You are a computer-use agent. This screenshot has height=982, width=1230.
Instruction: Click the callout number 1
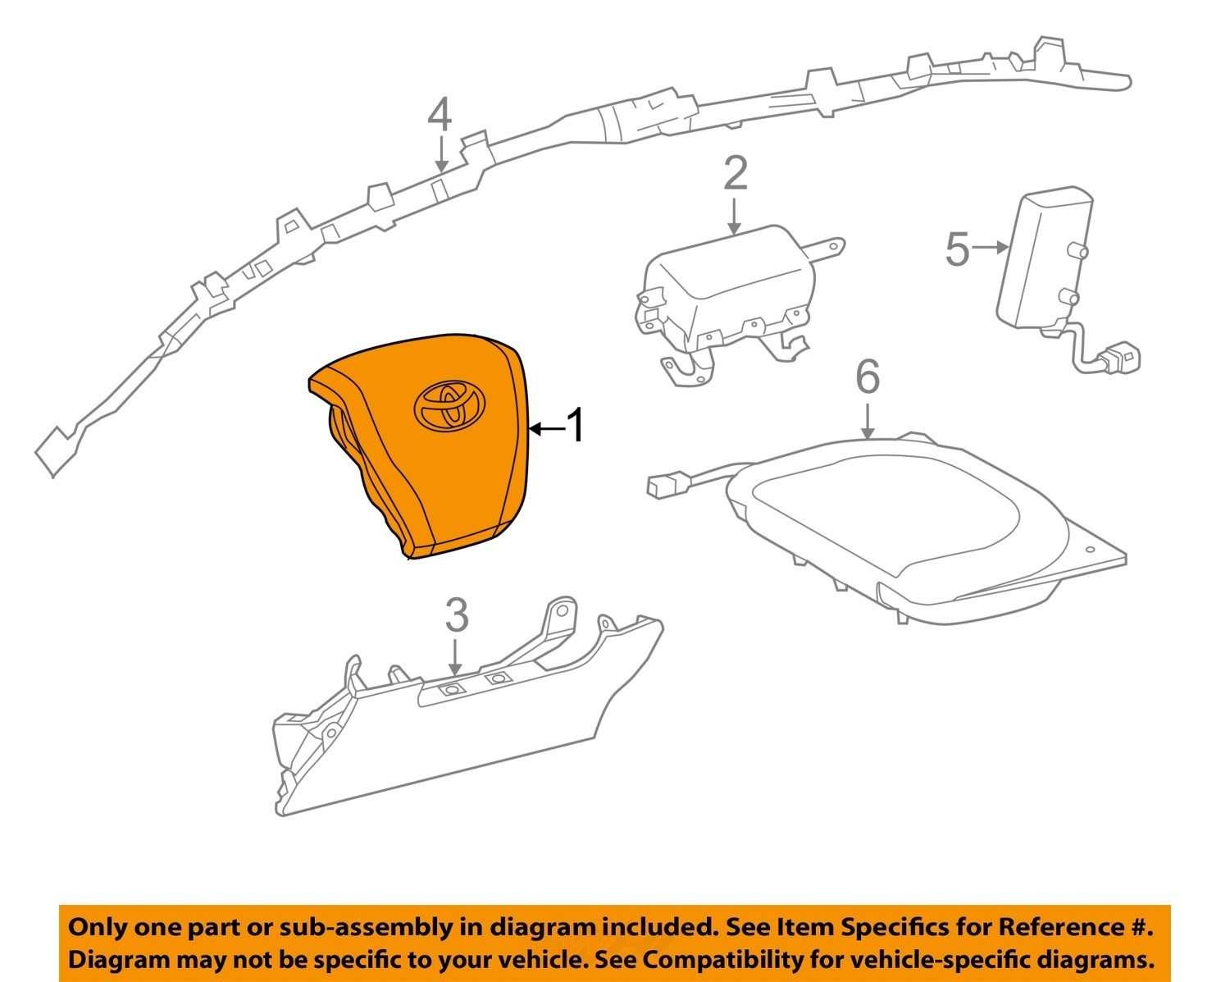pyautogui.click(x=576, y=427)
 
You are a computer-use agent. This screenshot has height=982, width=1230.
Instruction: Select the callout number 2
pyautogui.click(x=736, y=175)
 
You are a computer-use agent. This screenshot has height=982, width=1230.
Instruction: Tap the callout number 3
pyautogui.click(x=456, y=616)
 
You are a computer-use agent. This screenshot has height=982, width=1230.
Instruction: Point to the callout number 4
pyautogui.click(x=440, y=115)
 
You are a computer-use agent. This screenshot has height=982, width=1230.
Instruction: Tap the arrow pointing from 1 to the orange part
pyautogui.click(x=547, y=428)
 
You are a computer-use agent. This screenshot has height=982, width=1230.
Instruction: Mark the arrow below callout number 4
pyautogui.click(x=441, y=153)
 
